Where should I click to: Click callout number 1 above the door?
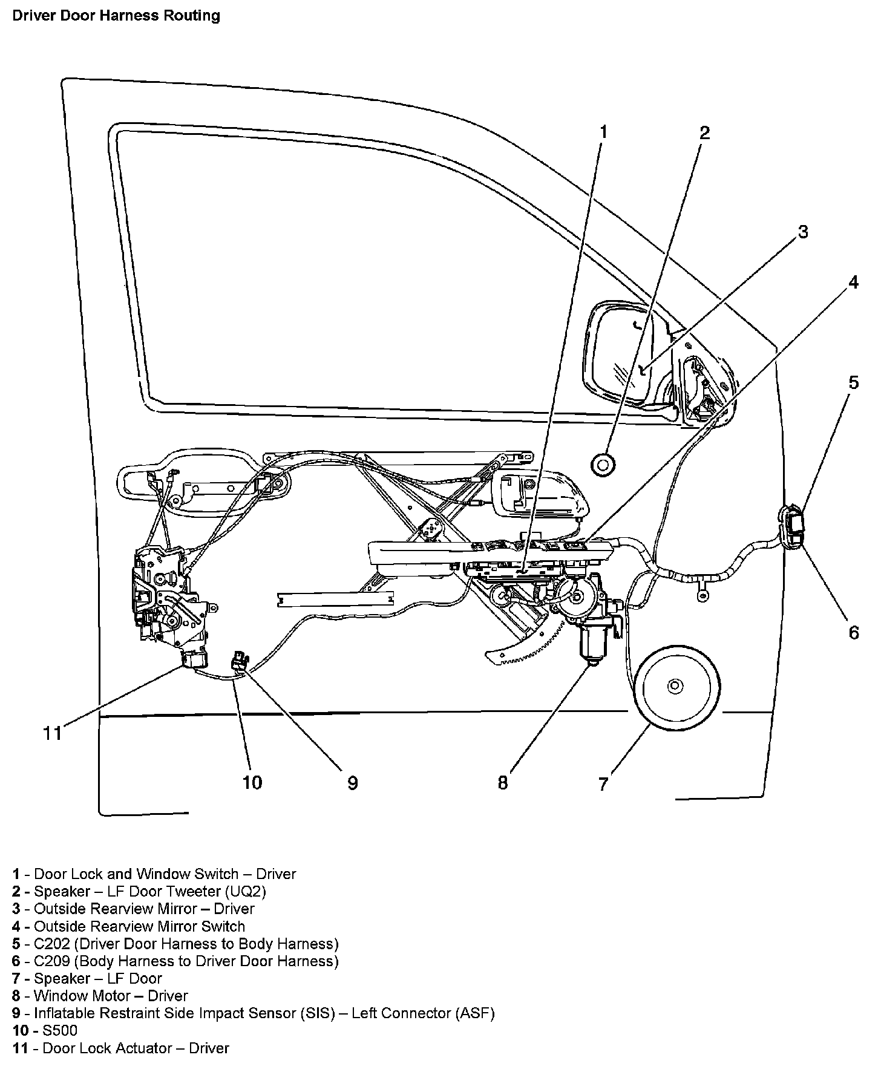click(x=603, y=132)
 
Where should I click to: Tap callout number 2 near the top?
click(x=704, y=132)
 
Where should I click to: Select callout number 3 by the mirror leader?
click(x=803, y=232)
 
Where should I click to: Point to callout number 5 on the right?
click(x=853, y=382)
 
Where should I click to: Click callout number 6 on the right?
click(x=853, y=632)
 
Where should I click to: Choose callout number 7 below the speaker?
click(x=603, y=784)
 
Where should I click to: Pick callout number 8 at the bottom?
click(x=503, y=783)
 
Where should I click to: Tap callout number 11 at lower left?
click(x=53, y=733)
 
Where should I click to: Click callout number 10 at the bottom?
click(x=252, y=783)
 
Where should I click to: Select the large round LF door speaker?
click(x=674, y=686)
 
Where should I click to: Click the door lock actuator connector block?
click(x=195, y=659)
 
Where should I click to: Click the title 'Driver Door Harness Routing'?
click(x=116, y=15)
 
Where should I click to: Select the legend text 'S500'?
click(x=61, y=1030)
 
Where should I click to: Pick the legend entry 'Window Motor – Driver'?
click(x=111, y=996)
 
